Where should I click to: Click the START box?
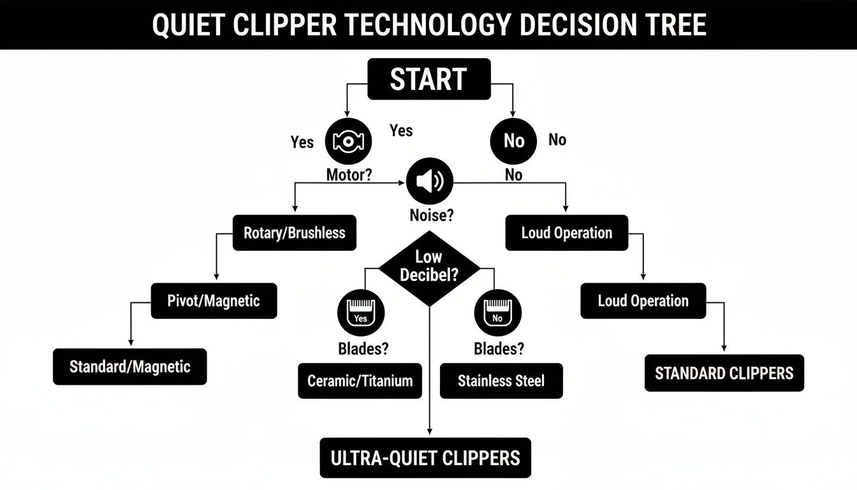428,79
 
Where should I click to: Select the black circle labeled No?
513,141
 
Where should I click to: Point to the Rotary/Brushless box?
294,233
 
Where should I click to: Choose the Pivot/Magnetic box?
214,301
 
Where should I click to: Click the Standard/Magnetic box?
129,367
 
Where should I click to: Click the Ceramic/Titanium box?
360,381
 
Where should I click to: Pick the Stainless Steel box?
501,381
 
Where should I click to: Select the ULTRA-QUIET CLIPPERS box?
425,457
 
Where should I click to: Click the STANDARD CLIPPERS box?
724,373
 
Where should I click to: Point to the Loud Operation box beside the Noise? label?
566,233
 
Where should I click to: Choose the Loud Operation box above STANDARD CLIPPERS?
643,301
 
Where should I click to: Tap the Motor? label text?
349,175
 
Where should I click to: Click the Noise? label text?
431,216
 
